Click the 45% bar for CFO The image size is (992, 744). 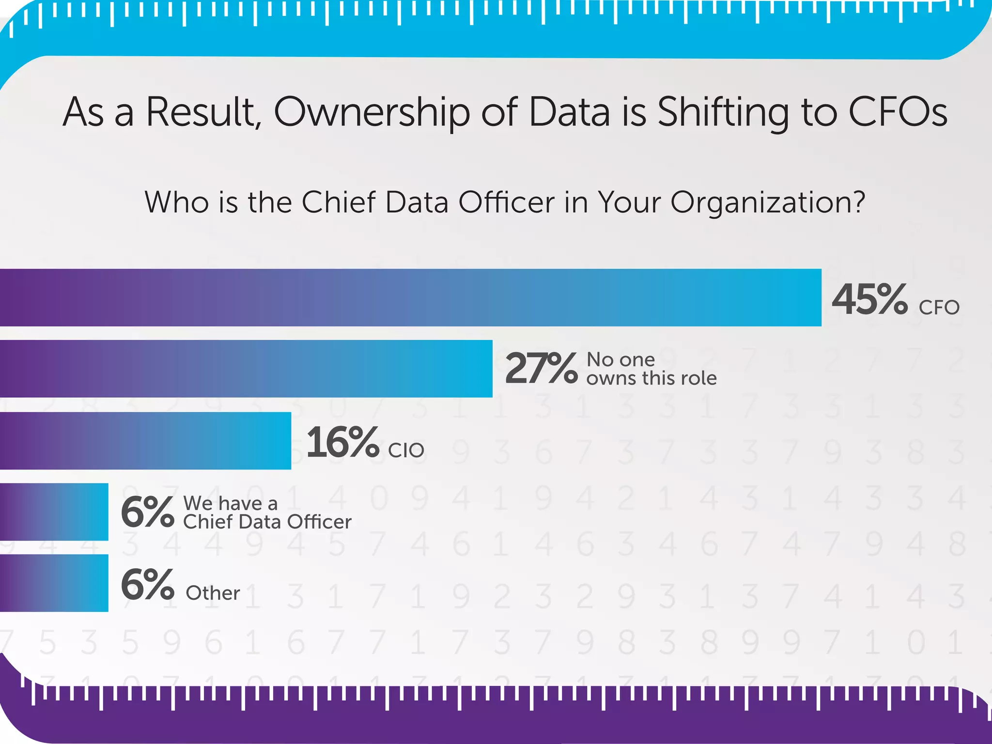click(411, 297)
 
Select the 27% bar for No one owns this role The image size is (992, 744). click(246, 369)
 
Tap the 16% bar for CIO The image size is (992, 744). click(145, 440)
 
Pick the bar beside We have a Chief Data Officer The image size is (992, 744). click(54, 511)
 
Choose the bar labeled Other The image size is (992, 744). click(54, 583)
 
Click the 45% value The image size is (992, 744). click(869, 299)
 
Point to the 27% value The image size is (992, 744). click(541, 369)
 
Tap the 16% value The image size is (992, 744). click(342, 442)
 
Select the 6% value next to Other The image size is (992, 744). click(147, 584)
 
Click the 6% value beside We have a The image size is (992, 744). click(147, 512)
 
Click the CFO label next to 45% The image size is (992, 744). click(939, 308)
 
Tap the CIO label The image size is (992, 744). click(406, 450)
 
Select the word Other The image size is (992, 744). click(213, 593)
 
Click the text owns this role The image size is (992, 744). click(651, 378)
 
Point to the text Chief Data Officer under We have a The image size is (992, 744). click(267, 522)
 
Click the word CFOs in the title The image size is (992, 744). click(898, 112)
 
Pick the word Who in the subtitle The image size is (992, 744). click(176, 202)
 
